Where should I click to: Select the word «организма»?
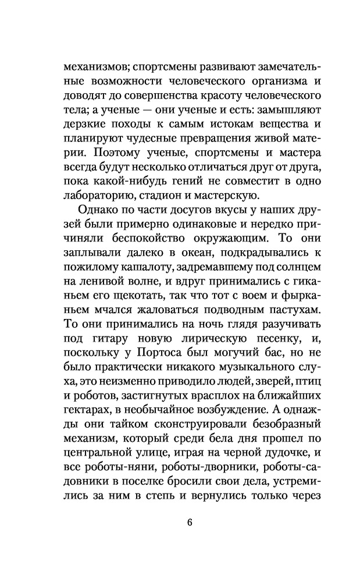(x=262, y=80)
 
